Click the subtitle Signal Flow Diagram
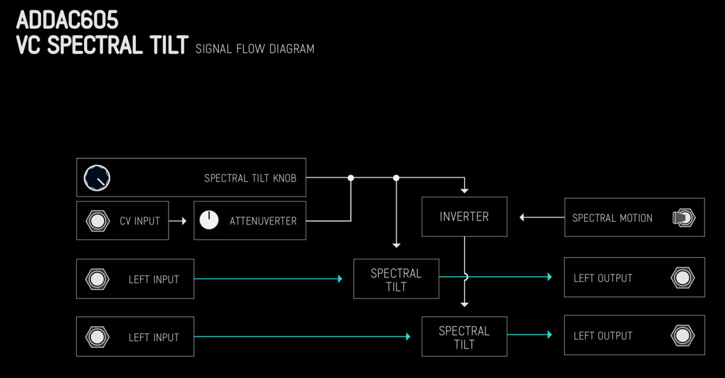[x=254, y=48]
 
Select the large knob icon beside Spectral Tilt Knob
[x=97, y=178]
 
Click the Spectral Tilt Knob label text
[x=250, y=178]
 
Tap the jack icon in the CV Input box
[x=97, y=221]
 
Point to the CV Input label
[x=140, y=221]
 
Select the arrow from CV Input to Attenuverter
[x=178, y=221]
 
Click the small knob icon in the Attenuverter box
[x=209, y=220]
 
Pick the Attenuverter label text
[x=263, y=221]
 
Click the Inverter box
[x=464, y=217]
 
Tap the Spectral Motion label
[x=612, y=218]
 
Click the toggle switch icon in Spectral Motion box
[x=683, y=218]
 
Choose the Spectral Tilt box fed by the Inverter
[x=464, y=337]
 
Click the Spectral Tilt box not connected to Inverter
[x=396, y=279]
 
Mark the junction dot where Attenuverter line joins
[x=350, y=178]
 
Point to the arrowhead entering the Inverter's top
[x=464, y=189]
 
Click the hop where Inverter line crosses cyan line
[x=465, y=276]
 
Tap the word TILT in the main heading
[x=164, y=46]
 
